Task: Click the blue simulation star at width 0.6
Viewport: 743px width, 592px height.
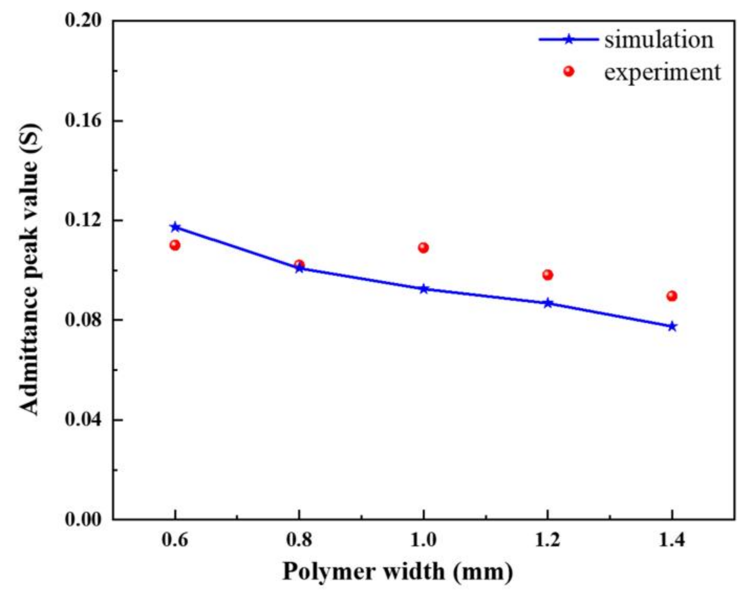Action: coord(175,227)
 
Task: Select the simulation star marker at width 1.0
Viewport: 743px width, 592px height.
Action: coord(424,289)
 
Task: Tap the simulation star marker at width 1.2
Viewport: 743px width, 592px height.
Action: coord(548,303)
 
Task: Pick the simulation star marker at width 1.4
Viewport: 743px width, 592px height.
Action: coord(672,326)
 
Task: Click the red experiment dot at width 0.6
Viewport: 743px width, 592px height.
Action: coord(175,245)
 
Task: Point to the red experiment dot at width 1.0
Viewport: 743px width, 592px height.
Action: coord(423,248)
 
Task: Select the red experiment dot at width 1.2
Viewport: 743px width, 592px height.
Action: coord(548,275)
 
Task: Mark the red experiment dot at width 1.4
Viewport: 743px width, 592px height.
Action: coord(672,296)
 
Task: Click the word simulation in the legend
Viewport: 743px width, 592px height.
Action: coord(659,40)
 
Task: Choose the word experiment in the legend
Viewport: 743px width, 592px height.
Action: coord(662,72)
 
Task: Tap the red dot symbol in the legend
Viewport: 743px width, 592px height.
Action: coord(569,72)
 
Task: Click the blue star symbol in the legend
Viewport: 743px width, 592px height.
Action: coord(569,40)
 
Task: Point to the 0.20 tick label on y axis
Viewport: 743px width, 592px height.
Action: coord(83,20)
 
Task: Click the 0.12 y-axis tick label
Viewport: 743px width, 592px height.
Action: coord(83,220)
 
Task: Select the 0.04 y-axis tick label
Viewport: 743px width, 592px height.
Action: coord(83,420)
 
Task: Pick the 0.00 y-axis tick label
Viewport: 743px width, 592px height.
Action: coord(83,519)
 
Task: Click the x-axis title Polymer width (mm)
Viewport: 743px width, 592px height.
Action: coord(398,572)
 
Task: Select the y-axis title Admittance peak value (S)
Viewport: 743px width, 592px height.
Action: coord(29,270)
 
